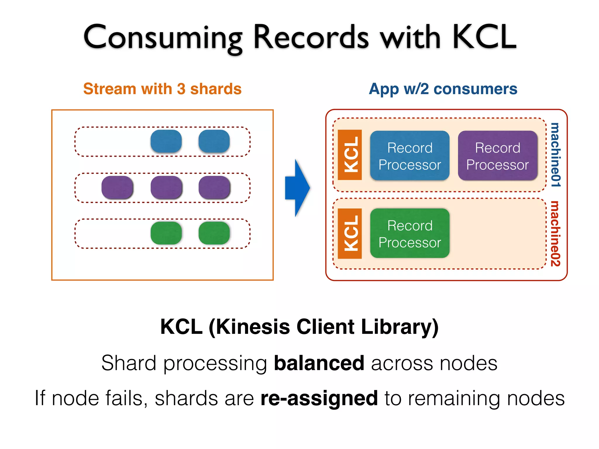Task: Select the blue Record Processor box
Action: [x=409, y=156]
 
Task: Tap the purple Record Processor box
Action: [x=497, y=156]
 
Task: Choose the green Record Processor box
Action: [x=409, y=234]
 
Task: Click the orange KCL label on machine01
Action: [x=350, y=155]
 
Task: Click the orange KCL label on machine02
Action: [x=350, y=234]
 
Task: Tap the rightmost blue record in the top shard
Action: [x=214, y=141]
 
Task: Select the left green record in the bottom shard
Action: [x=166, y=233]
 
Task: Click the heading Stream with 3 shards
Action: [x=162, y=89]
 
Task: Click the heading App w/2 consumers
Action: [x=443, y=89]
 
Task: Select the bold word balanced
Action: [x=319, y=363]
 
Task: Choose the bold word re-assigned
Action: [x=319, y=398]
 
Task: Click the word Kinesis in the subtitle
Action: [x=253, y=327]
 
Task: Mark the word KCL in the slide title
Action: [x=484, y=37]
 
